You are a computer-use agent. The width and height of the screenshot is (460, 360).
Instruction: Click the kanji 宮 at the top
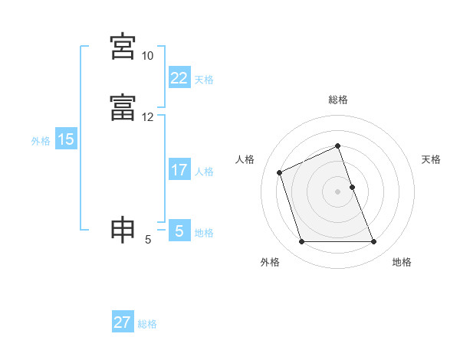pos(123,47)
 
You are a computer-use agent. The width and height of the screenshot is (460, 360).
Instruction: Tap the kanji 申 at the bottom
pos(123,231)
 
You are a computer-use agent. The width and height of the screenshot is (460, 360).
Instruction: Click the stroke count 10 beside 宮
pos(147,57)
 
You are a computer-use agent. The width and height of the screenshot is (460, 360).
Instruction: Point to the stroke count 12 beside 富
pos(147,118)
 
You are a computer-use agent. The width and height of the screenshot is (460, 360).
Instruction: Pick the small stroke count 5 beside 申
pos(147,241)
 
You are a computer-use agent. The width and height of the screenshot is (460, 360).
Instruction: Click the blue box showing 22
pos(179,78)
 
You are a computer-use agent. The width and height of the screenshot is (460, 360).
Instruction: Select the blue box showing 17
pos(179,170)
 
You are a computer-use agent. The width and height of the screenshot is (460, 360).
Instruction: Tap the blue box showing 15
pos(66,139)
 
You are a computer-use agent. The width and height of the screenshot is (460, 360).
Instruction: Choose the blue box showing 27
pos(123,322)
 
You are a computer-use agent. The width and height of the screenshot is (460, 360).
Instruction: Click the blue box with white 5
pos(179,231)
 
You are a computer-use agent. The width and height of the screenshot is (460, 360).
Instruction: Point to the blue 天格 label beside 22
pos(204,80)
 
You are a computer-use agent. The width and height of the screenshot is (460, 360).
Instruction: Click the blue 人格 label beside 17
pos(204,172)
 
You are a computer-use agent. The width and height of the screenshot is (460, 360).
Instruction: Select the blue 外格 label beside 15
pos(41,141)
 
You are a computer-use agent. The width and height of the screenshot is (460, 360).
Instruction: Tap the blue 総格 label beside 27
pos(147,324)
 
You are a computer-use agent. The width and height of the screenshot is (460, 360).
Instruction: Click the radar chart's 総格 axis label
pos(338,100)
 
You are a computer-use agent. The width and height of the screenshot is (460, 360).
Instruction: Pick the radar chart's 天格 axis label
pos(432,159)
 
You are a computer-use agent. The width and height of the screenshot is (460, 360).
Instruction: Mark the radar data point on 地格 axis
pos(374,242)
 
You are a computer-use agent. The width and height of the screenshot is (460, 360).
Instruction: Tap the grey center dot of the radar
pos(338,191)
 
